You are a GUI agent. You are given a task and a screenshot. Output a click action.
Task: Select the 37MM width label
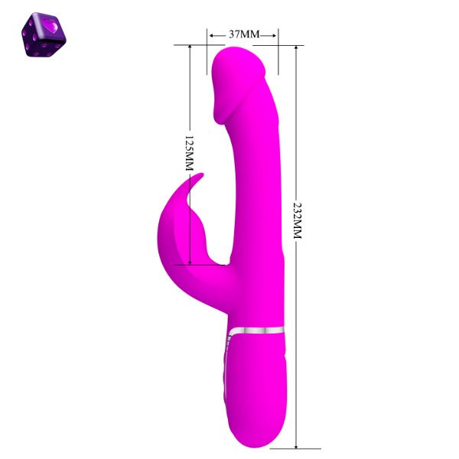(244, 34)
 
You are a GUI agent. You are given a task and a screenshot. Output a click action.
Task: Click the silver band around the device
(257, 331)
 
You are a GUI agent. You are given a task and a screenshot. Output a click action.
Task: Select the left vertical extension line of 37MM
(207, 42)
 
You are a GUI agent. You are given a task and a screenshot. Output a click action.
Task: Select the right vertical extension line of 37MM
(277, 42)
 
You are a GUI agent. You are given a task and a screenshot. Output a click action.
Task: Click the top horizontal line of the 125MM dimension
(191, 45)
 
